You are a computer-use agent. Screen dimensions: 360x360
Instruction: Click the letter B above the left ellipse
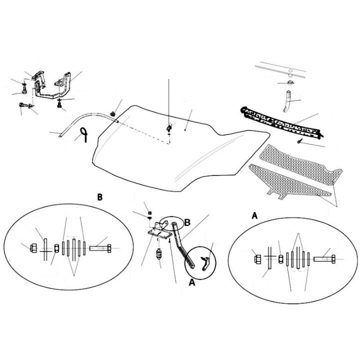(100, 197)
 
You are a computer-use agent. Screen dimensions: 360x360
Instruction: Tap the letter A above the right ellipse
(254, 216)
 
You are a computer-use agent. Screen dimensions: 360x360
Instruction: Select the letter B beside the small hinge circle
(187, 222)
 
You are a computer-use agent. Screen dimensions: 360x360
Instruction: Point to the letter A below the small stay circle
(192, 282)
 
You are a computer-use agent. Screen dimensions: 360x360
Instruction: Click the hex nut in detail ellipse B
(33, 248)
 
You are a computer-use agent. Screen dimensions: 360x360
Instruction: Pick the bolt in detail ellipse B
(100, 248)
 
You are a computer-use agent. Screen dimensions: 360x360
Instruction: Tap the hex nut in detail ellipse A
(257, 259)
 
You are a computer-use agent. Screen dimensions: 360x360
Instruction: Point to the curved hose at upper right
(287, 101)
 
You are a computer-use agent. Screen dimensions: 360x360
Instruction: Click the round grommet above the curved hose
(290, 82)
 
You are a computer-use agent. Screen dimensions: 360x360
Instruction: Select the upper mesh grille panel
(301, 164)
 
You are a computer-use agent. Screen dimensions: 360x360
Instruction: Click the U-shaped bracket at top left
(53, 86)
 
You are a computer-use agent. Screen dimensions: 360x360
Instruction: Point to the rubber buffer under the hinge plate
(157, 253)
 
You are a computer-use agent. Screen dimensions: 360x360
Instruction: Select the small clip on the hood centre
(169, 127)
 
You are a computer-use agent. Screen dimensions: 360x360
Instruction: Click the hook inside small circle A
(206, 263)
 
